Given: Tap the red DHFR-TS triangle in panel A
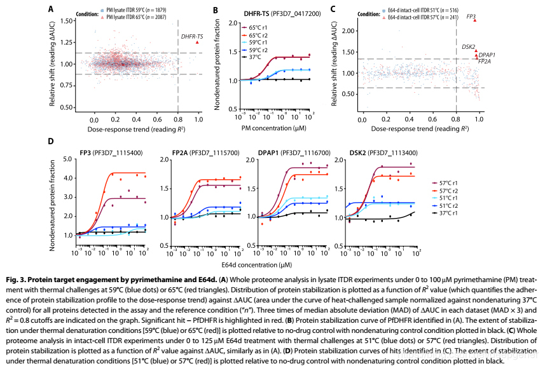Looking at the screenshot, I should (x=198, y=43).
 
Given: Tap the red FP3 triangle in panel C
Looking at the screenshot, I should (x=474, y=20).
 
